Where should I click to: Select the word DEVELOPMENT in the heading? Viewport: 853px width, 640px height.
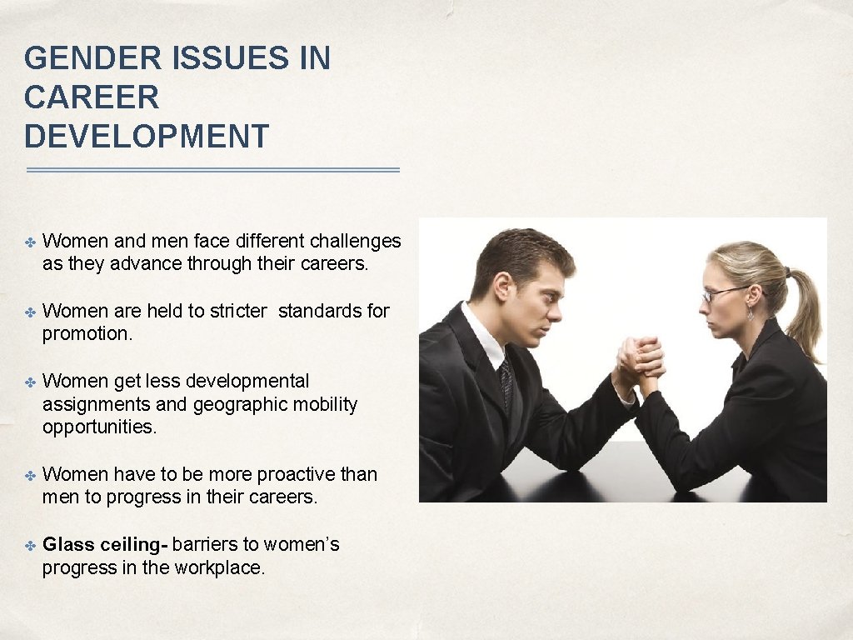tap(147, 136)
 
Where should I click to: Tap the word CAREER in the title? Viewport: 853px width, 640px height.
tap(92, 97)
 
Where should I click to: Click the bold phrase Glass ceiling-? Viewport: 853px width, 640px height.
tap(106, 545)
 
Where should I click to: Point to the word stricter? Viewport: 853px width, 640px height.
tap(238, 312)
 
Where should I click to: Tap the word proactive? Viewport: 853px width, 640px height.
tap(296, 475)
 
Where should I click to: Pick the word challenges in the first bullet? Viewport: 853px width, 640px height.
tap(355, 242)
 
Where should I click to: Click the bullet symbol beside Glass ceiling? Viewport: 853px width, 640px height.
tap(29, 545)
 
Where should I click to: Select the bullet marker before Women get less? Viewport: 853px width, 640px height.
tap(29, 382)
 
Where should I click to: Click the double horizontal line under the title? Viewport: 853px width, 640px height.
tap(212, 170)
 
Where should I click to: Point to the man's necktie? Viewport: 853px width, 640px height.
tap(506, 383)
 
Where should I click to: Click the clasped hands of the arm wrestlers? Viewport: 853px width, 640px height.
tap(640, 360)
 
